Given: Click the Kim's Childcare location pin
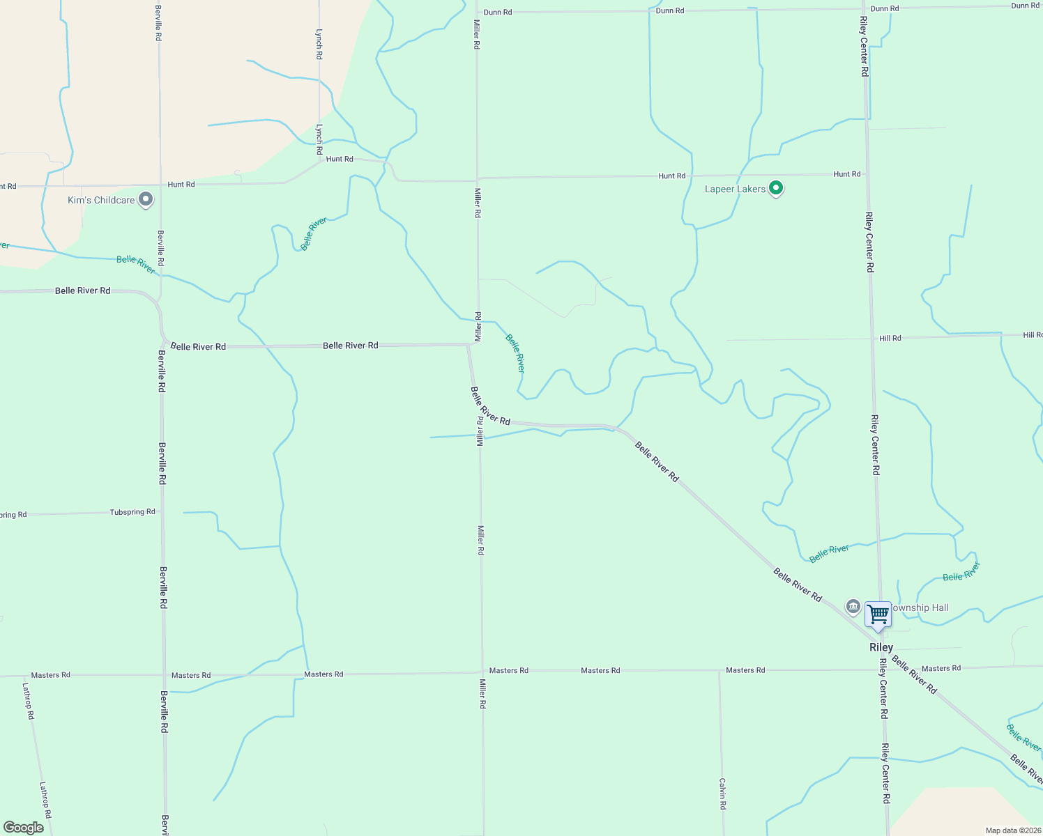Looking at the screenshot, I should [146, 199].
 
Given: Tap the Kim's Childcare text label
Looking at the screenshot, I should [101, 200].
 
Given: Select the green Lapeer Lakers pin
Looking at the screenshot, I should [776, 188].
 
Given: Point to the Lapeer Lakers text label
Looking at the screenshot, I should [735, 189].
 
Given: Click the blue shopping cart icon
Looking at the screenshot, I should [878, 614].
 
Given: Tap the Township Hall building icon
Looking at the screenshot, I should [853, 607].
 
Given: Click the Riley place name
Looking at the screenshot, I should [881, 647].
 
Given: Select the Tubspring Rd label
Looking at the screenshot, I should [132, 512].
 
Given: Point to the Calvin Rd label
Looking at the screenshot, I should [723, 794].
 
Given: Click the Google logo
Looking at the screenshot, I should [24, 828].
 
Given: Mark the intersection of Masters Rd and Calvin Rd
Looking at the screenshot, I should [720, 670].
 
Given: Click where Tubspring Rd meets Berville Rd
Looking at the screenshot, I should [162, 511].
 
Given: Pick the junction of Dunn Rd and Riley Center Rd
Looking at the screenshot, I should [863, 9].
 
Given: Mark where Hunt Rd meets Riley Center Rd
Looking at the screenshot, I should [867, 174].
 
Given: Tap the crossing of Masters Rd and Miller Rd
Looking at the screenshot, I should [482, 672].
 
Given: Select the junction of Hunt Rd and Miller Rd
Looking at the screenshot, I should [477, 178].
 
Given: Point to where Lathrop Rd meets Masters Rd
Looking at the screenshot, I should [22, 675].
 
